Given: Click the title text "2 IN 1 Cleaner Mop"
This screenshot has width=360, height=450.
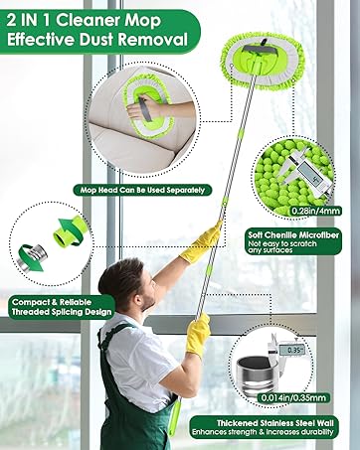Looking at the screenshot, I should pyautogui.click(x=93, y=19).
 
